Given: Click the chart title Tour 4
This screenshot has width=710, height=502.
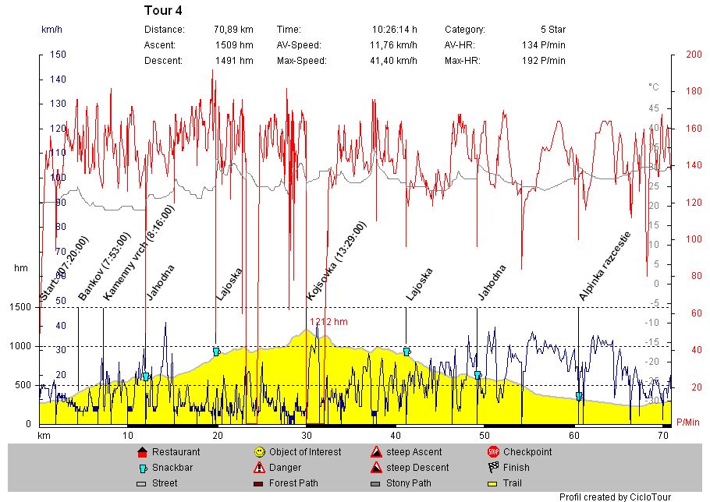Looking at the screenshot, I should click(x=163, y=11).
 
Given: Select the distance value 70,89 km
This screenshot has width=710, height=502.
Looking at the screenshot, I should click(x=233, y=30).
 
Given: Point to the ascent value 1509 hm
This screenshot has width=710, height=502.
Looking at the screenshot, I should click(x=234, y=45).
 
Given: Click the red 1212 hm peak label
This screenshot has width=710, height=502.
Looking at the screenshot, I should click(x=328, y=321).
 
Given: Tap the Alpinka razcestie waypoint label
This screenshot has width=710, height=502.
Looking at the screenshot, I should click(x=605, y=266).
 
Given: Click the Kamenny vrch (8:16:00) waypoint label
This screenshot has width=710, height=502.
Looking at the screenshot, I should click(x=139, y=254).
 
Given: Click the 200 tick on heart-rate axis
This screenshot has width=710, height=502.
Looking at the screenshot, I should click(x=693, y=55).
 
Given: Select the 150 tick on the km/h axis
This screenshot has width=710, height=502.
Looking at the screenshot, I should click(x=58, y=55).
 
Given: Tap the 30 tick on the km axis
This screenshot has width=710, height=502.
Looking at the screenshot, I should click(x=307, y=435).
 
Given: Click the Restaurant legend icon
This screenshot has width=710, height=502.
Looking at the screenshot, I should click(x=142, y=452).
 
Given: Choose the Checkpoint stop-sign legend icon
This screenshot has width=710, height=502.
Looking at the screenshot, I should click(x=493, y=452).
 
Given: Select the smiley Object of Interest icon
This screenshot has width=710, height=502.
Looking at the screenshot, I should click(x=259, y=452).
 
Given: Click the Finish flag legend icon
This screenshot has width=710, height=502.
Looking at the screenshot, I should click(x=493, y=468).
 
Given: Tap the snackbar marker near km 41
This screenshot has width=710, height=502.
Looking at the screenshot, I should click(x=406, y=352).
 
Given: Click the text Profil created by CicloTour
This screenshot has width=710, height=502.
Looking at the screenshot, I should click(x=616, y=497).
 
